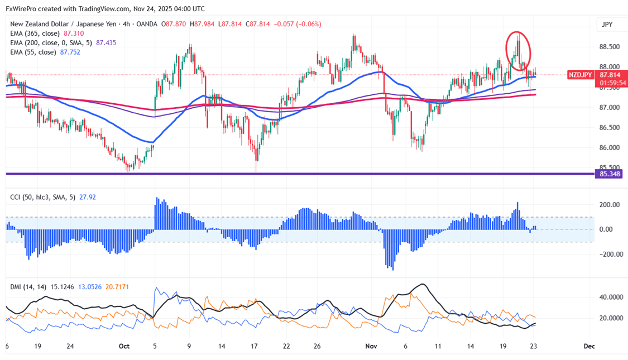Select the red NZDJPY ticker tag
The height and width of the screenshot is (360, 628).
coord(581,75)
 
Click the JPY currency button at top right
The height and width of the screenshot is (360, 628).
coord(607,25)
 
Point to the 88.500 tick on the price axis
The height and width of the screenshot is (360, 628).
coord(610,47)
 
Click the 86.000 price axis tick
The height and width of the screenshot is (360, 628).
coord(610,148)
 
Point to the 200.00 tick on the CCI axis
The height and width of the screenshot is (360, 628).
coord(608,205)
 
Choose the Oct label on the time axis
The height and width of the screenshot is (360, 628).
coord(124,346)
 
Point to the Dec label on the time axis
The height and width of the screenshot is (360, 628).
coord(589,346)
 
